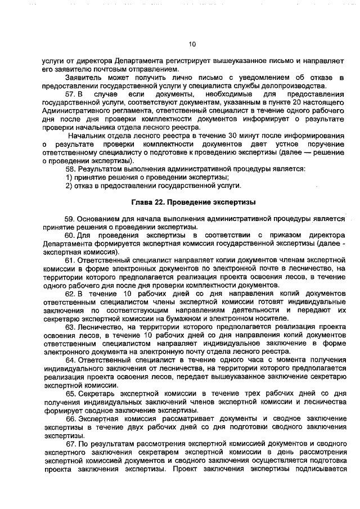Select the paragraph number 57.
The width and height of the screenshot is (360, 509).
point(70,94)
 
